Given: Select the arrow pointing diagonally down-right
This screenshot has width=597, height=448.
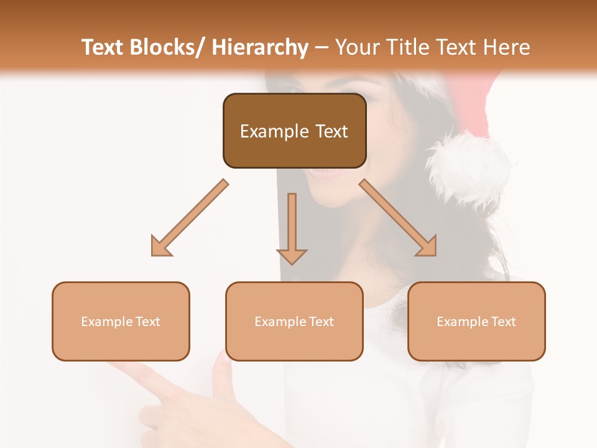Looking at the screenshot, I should [x=399, y=218].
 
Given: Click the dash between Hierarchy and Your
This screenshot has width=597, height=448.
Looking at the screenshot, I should [x=322, y=47].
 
